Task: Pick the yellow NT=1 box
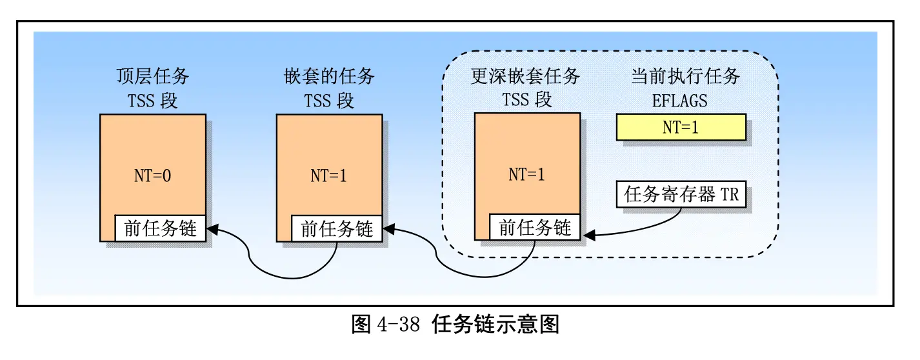(x=681, y=128)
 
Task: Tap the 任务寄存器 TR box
(x=681, y=195)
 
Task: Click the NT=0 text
(x=153, y=176)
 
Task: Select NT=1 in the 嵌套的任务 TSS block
(x=329, y=176)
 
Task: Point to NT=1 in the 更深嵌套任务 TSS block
(x=526, y=175)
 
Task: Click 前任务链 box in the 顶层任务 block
(x=160, y=228)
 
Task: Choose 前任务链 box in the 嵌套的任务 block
(x=337, y=228)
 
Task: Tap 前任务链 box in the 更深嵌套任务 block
(x=535, y=228)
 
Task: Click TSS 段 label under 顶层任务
(x=153, y=101)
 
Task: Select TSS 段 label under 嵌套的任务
(x=329, y=101)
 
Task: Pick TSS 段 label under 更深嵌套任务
(x=526, y=101)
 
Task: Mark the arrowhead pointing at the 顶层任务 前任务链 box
(x=212, y=229)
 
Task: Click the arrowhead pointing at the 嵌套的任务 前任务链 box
(x=388, y=229)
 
